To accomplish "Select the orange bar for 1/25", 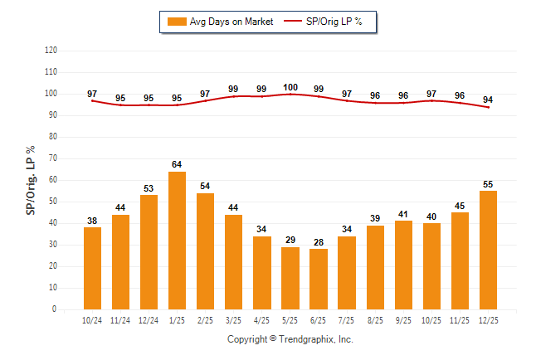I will [x=177, y=241].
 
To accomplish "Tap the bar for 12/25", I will [x=489, y=250].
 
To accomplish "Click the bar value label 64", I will [x=177, y=164].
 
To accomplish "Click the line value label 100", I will [x=290, y=87].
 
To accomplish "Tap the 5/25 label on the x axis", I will [x=290, y=320].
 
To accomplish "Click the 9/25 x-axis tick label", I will [x=403, y=320].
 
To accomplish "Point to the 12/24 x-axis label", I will [x=149, y=320].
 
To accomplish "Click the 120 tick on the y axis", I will [x=51, y=50].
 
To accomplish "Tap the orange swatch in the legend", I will [x=177, y=22].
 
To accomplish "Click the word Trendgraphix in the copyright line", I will [x=307, y=339].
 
